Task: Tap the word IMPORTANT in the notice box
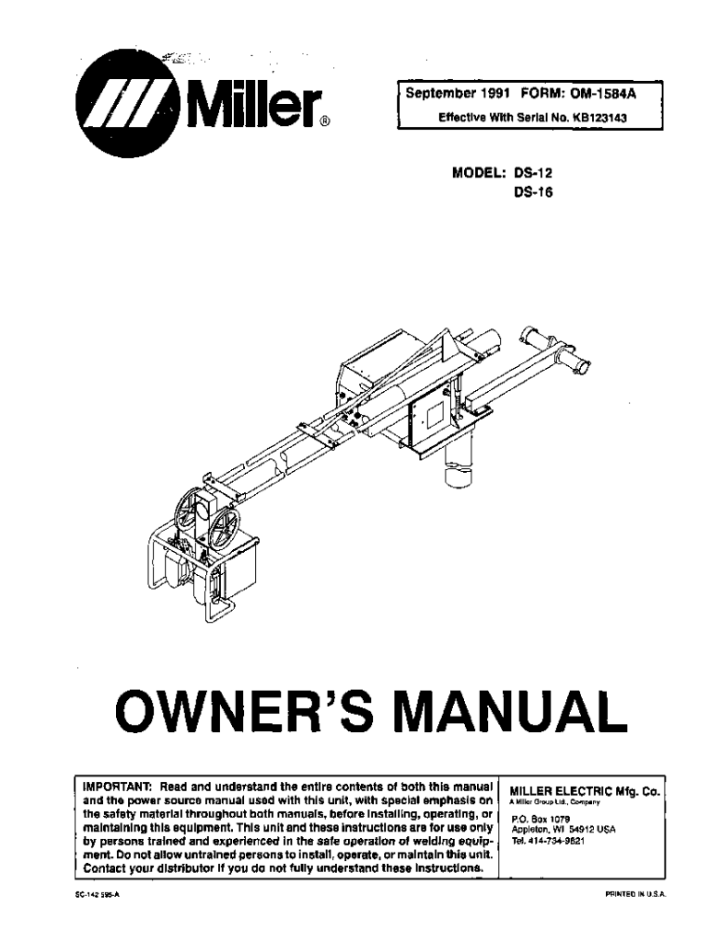118,788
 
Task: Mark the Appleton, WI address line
563,829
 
